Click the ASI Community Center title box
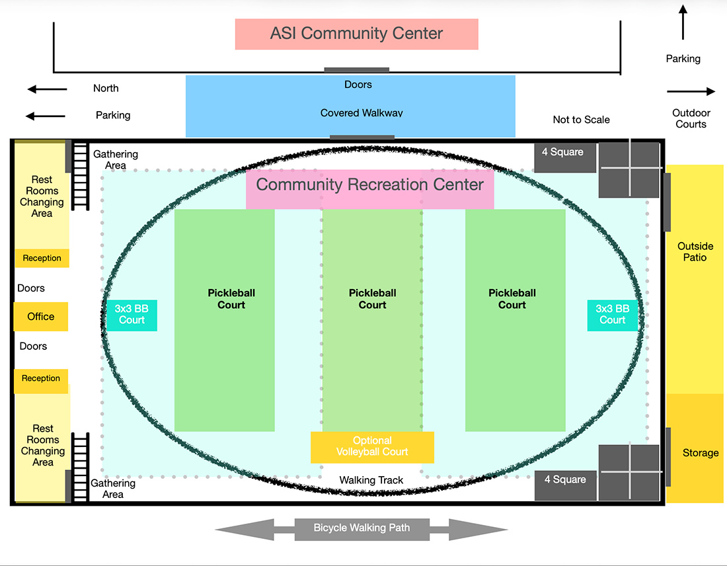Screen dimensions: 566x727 [356, 34]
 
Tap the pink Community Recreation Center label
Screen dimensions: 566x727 [369, 184]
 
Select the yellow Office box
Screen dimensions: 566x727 [41, 317]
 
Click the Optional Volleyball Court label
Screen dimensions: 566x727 [372, 446]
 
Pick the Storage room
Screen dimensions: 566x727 [700, 453]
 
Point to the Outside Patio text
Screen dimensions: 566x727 [695, 252]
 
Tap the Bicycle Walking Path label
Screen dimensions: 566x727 [362, 528]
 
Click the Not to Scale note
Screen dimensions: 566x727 [581, 120]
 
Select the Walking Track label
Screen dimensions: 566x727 [371, 480]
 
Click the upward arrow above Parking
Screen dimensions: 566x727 [683, 22]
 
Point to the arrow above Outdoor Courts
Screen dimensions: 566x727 [691, 92]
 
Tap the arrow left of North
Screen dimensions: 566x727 [47, 89]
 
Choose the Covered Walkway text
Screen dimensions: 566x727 [362, 113]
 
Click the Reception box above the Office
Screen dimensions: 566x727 [42, 258]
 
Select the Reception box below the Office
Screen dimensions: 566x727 [41, 378]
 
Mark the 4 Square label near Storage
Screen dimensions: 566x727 [565, 479]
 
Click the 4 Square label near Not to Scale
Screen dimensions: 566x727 [562, 152]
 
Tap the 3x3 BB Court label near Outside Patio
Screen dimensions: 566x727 [613, 314]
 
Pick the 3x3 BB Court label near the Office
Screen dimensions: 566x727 [132, 314]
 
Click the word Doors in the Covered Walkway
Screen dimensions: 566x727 [358, 85]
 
